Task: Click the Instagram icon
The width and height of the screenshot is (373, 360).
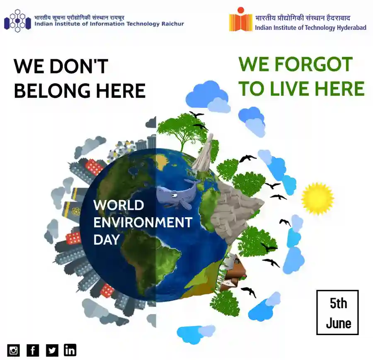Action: point(14,350)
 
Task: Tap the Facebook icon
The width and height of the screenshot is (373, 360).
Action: point(33,350)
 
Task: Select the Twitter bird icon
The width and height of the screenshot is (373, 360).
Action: point(52,350)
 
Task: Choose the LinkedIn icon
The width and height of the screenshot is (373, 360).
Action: point(70,350)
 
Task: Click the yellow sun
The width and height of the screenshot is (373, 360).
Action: point(317,199)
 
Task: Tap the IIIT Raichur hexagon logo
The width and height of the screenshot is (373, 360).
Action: point(17,21)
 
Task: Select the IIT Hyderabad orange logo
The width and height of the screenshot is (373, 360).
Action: point(240,19)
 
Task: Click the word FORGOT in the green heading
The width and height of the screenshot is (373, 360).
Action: point(314,64)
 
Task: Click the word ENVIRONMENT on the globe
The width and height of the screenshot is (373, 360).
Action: point(143,222)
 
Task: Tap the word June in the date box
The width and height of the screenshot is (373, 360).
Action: point(338,324)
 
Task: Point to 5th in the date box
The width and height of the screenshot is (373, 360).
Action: point(338,303)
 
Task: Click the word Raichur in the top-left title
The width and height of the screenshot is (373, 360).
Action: point(173,24)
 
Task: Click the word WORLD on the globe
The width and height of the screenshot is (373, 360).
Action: point(119,205)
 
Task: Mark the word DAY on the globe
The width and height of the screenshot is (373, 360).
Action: point(107,240)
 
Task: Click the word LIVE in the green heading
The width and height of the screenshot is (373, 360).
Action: point(290,89)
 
